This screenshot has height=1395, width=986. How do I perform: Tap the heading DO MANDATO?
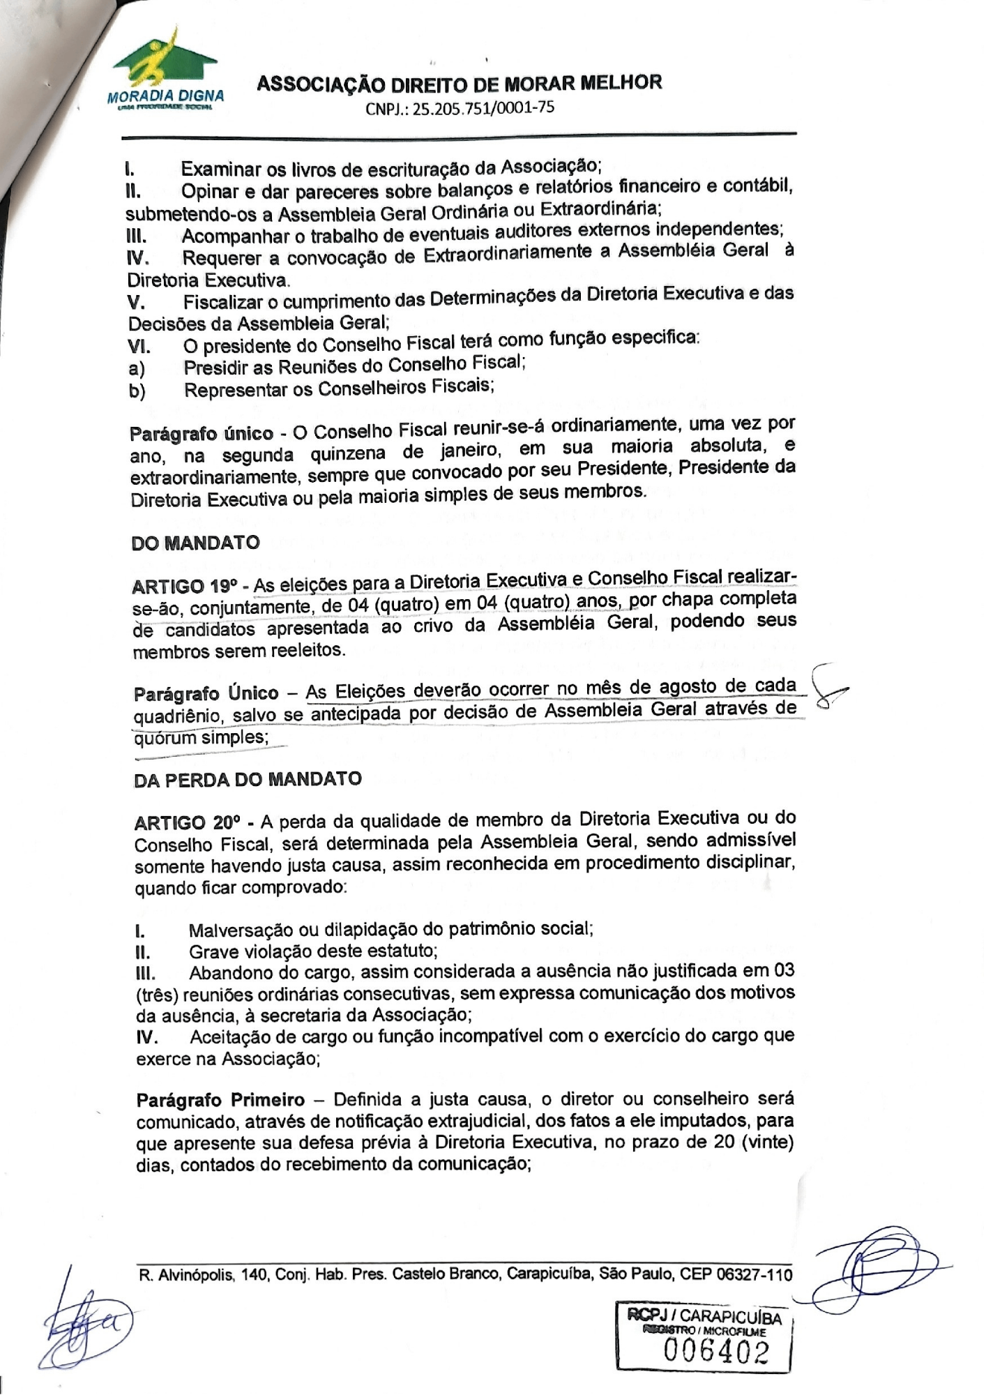[x=195, y=543]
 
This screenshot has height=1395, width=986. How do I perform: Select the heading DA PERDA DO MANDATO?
[x=247, y=779]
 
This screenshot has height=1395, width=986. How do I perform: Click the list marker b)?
[x=137, y=391]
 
